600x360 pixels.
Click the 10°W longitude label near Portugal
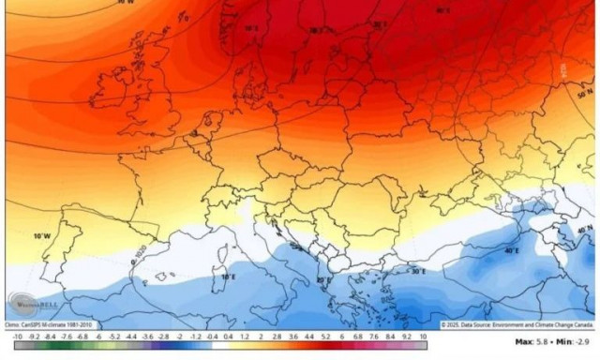(41, 236)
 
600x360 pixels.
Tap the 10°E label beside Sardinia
(228, 277)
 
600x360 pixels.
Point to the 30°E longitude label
(418, 272)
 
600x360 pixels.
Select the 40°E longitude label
(513, 250)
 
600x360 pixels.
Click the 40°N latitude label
(586, 231)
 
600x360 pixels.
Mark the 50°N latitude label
(586, 95)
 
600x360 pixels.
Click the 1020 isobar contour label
(142, 255)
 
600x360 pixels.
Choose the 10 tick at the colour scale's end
(424, 335)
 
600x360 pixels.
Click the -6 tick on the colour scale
(98, 335)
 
